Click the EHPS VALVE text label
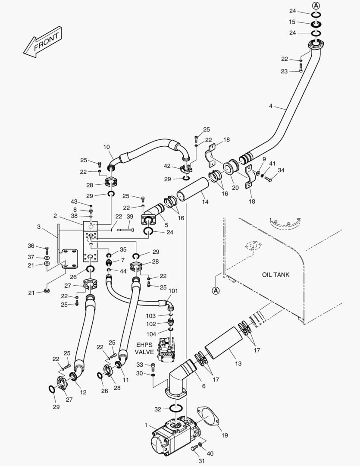click(x=145, y=349)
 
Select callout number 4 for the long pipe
click(x=271, y=106)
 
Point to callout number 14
click(x=205, y=202)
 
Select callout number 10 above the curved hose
click(x=106, y=147)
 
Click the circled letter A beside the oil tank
click(x=216, y=291)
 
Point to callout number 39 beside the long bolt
click(x=130, y=217)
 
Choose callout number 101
click(x=173, y=291)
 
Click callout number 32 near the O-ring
click(x=158, y=409)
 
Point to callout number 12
click(x=83, y=392)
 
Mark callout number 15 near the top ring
click(x=292, y=22)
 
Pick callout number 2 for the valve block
click(x=55, y=216)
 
